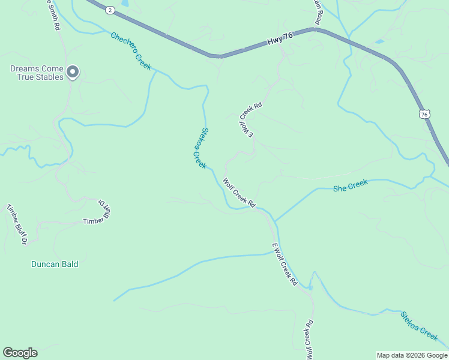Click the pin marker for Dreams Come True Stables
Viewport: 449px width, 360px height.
coord(73,72)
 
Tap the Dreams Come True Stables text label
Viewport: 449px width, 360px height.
coord(37,73)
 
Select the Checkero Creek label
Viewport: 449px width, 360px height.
coord(131,51)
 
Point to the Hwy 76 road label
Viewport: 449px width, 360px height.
coord(280,39)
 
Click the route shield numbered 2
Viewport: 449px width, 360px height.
coord(110,10)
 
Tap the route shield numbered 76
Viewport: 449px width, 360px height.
coord(424,113)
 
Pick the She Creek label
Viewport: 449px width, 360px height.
coord(350,185)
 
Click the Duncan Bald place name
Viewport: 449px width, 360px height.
coord(55,264)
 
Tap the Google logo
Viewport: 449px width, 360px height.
coord(20,353)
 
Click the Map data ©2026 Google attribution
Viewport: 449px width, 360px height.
coord(411,355)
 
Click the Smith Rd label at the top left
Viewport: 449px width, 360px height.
coord(53,14)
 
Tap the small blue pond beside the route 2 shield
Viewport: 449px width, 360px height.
coord(124,3)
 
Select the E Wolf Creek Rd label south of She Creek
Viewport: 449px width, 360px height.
coord(285,263)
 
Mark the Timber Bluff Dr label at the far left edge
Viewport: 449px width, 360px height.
coord(17,224)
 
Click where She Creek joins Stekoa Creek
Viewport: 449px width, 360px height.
coord(275,220)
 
